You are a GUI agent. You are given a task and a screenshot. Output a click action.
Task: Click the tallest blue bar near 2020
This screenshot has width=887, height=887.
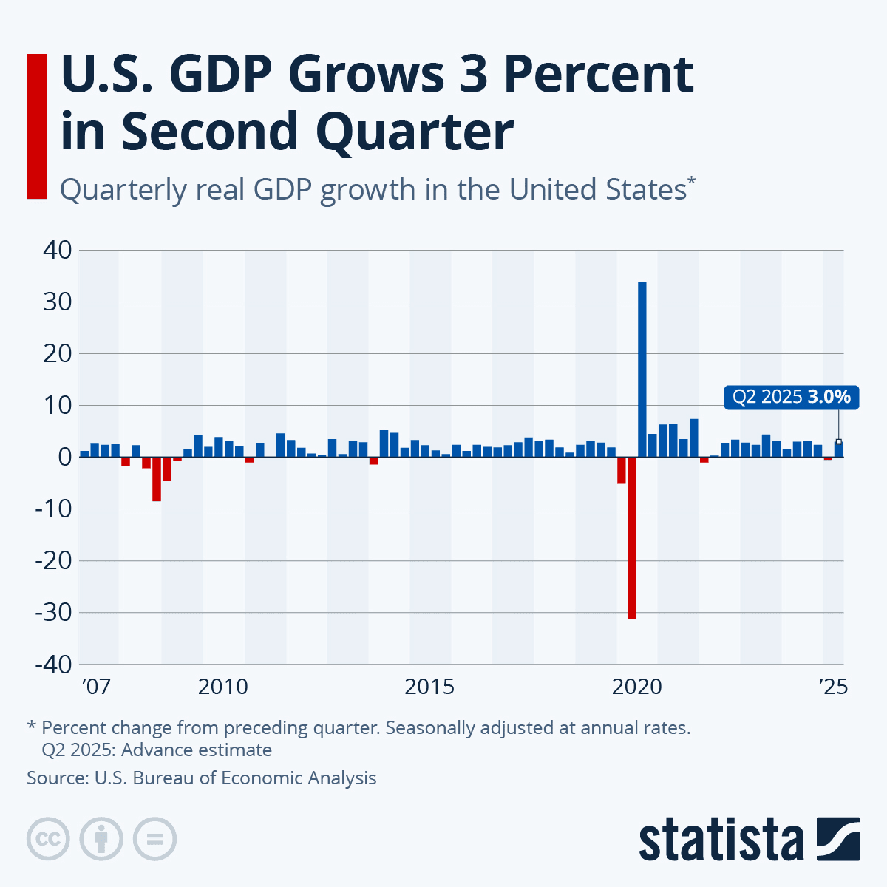[642, 370]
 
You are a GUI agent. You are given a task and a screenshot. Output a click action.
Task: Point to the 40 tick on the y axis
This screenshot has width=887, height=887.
[57, 251]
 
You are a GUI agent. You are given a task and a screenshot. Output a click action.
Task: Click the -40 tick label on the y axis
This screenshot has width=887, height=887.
[53, 664]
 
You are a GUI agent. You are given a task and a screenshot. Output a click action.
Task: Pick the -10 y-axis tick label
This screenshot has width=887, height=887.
[53, 509]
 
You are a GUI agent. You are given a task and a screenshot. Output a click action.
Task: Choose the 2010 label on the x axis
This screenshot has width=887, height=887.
[223, 687]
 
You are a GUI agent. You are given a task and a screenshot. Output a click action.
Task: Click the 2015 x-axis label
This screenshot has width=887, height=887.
[430, 687]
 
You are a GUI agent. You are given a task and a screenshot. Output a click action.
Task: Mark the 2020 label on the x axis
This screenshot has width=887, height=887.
[637, 687]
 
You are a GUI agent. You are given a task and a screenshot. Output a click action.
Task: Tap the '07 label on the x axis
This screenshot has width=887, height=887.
[96, 687]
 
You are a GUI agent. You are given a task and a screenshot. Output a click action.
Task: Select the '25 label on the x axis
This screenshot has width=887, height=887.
[833, 687]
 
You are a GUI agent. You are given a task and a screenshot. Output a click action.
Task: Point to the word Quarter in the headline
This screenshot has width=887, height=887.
[414, 132]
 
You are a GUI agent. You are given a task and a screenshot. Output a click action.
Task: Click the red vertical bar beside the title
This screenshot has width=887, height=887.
[37, 126]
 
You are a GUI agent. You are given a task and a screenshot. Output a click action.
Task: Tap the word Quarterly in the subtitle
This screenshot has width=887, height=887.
[123, 191]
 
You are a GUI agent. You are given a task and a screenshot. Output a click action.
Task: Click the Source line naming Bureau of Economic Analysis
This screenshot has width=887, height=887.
[202, 778]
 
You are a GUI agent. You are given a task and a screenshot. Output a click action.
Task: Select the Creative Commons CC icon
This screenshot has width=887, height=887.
[49, 839]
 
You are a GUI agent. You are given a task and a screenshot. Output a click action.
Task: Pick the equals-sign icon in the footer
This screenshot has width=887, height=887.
[154, 839]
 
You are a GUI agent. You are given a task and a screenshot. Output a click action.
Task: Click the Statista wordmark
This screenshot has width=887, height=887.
[721, 840]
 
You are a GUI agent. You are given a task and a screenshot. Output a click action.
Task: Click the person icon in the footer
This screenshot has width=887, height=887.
[101, 839]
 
